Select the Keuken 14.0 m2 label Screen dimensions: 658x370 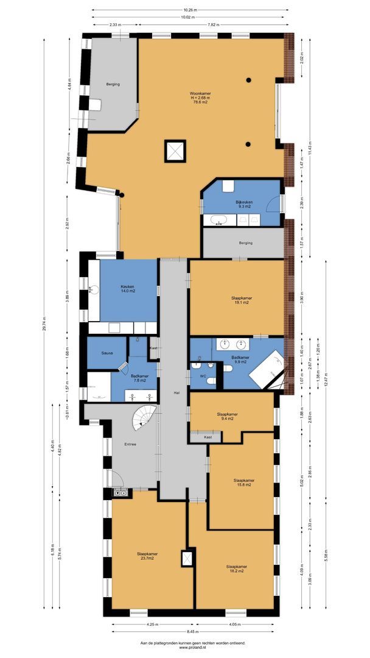click(x=127, y=289)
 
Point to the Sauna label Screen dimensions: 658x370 click(x=99, y=352)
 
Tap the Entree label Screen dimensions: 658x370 click(x=130, y=444)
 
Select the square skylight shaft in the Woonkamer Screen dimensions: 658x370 click(x=175, y=150)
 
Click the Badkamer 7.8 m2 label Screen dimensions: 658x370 click(x=141, y=378)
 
